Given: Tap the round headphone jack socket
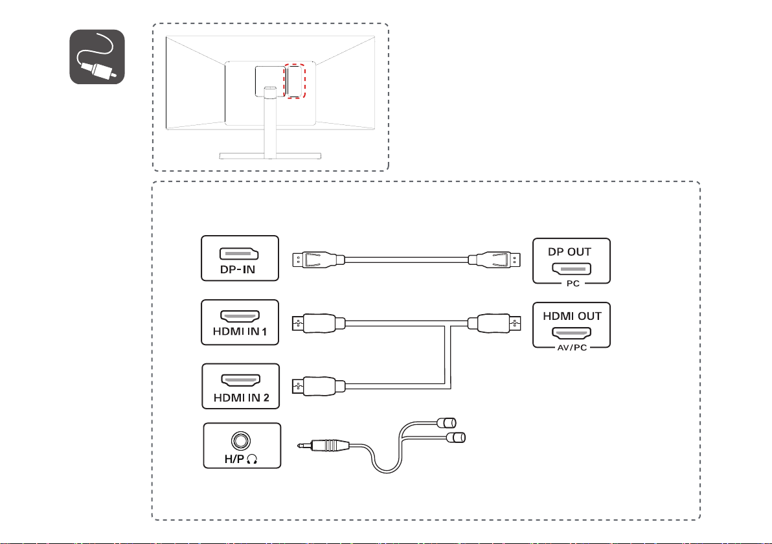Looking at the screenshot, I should (x=241, y=440).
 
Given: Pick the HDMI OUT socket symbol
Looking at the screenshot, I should (x=571, y=332).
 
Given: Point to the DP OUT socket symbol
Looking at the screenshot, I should (x=571, y=267).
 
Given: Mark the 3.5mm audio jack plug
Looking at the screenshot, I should (x=328, y=446).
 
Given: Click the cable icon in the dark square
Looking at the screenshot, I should (x=97, y=58).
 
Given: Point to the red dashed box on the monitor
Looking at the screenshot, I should (x=295, y=81).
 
